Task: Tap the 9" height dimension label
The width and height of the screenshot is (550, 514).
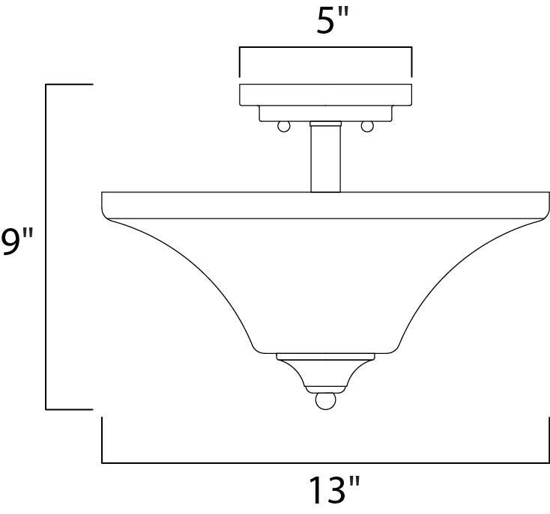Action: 16,242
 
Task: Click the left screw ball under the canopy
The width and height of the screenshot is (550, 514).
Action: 284,126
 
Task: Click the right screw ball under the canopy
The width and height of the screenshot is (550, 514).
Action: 367,126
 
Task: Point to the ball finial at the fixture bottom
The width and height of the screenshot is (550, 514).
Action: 324,401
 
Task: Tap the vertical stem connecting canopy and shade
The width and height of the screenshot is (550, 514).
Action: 325,159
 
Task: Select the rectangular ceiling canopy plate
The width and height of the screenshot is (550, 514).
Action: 325,94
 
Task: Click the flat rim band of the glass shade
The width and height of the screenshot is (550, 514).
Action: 325,205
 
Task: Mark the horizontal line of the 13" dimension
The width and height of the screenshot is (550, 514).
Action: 325,462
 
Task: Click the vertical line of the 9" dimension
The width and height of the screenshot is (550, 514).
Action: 46,247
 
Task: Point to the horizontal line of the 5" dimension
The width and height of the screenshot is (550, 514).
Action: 325,48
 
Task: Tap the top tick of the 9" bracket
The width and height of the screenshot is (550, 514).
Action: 69,85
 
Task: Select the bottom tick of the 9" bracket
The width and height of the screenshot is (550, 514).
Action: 69,409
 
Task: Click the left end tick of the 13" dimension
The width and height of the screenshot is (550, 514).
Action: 102,441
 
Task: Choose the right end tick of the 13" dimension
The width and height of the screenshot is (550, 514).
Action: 549,441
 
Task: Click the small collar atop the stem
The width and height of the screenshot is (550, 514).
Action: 325,123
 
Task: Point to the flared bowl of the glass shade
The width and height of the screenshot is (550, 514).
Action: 325,284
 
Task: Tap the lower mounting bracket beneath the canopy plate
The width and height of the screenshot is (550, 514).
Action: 325,113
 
